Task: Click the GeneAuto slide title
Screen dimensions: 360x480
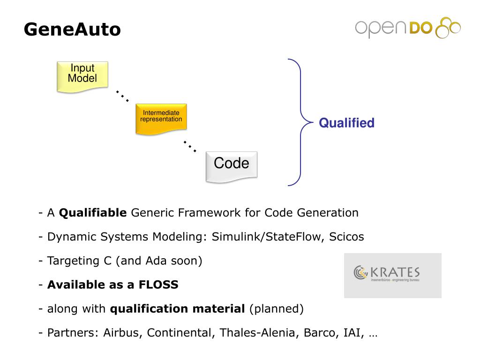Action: (x=72, y=29)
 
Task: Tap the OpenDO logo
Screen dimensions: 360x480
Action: (x=407, y=28)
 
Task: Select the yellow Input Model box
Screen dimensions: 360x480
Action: (x=82, y=76)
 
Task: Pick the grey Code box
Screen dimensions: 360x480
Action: (x=232, y=166)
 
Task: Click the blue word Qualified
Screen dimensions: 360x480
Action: (x=346, y=123)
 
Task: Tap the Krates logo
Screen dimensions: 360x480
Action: (x=392, y=275)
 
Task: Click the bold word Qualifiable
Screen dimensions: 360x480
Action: (x=93, y=213)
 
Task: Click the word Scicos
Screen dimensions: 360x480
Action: (x=346, y=237)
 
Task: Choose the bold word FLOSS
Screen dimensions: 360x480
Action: (x=158, y=285)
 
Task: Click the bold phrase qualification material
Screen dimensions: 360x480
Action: (x=177, y=309)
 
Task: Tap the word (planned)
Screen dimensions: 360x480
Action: (x=277, y=309)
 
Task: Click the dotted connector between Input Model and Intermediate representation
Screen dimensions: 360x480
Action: (x=122, y=96)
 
